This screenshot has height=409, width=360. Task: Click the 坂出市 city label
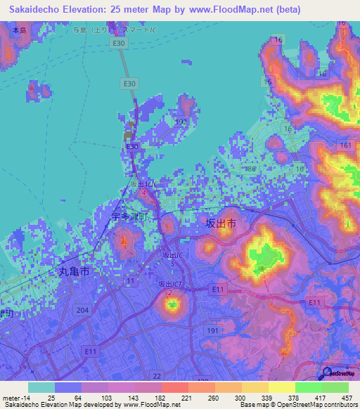(220, 223)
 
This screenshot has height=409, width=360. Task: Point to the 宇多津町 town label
(130, 217)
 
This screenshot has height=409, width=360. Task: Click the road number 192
(181, 122)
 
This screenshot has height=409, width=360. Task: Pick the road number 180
(250, 169)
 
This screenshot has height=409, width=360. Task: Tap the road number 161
(345, 145)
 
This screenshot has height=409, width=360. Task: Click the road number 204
(82, 310)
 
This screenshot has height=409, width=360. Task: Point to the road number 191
(213, 329)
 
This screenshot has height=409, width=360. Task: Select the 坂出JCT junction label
(170, 284)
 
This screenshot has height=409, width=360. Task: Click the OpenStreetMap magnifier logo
(327, 372)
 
